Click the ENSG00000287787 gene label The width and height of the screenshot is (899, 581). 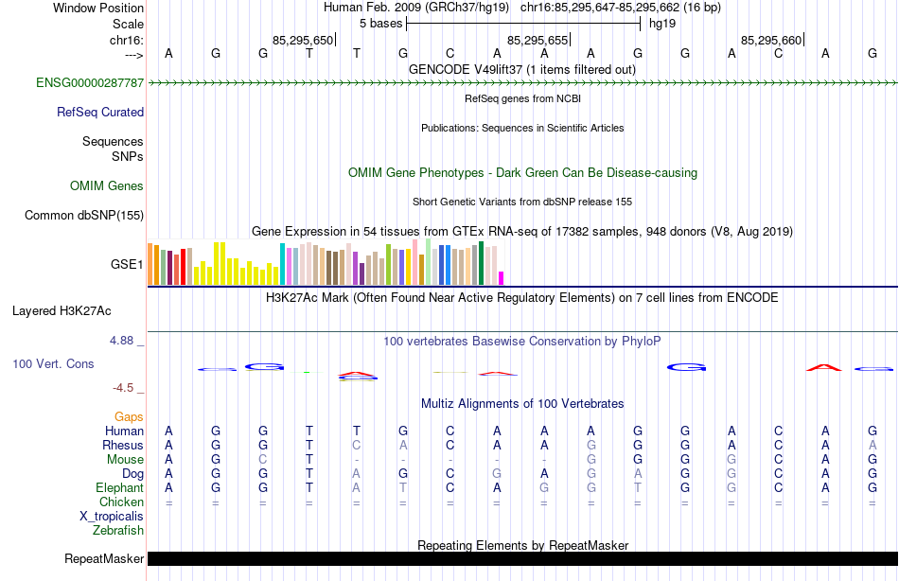point(90,83)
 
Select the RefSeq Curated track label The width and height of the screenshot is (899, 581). point(100,112)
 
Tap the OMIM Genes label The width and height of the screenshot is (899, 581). point(107,186)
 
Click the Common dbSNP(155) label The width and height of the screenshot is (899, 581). point(84,216)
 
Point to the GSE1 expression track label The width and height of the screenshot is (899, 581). point(127,265)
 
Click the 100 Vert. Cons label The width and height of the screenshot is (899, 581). point(53,363)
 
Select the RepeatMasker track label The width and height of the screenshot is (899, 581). point(104,559)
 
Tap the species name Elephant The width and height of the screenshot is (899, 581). point(119,487)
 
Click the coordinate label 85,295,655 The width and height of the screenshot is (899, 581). point(538,41)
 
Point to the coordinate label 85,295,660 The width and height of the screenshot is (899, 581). point(771,41)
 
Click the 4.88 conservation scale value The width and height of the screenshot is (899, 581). point(128,341)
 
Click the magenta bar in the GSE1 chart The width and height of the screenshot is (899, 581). point(502,277)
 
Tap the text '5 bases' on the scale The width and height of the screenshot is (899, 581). point(380,23)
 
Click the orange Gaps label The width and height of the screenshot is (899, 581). point(129,416)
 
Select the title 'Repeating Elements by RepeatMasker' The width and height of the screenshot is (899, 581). point(522,546)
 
